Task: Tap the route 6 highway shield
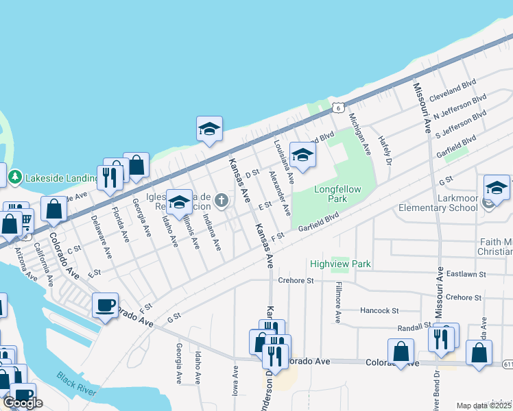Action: pos(337,108)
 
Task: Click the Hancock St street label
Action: pos(381,310)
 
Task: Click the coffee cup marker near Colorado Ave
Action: pos(105,306)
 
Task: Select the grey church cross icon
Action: pos(221,200)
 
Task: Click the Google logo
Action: pos(23,402)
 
